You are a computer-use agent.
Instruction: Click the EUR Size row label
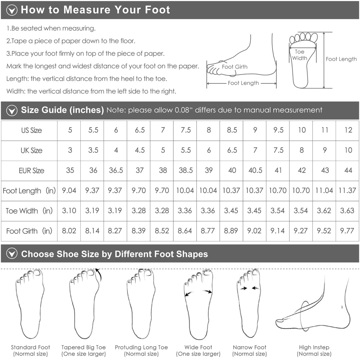point(31,171)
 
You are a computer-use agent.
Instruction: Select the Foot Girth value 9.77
point(347,231)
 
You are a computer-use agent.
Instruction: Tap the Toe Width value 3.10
point(69,210)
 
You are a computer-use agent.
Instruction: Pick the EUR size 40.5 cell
point(255,170)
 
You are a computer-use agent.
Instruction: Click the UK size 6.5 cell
point(232,150)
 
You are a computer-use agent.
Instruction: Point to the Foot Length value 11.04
point(324,190)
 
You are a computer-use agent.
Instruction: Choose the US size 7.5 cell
point(186,130)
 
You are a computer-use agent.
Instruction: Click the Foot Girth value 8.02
point(69,231)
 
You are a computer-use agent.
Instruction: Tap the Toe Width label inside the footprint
point(300,55)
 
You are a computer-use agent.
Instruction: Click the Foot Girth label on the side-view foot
point(235,67)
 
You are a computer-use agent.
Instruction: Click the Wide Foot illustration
point(198,304)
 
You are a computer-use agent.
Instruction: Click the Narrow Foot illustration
point(249,303)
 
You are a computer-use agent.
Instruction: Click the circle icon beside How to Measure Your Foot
point(12,10)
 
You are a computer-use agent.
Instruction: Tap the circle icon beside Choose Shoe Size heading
point(12,253)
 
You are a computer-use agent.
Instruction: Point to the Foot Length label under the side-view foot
point(243,83)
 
